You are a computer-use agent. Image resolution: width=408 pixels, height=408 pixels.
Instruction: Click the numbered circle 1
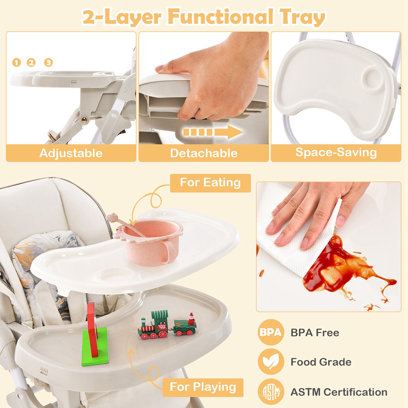tap(16, 62)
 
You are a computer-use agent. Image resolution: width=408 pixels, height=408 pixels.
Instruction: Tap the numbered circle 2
tap(31, 62)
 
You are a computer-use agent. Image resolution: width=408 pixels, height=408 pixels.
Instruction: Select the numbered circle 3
tap(48, 62)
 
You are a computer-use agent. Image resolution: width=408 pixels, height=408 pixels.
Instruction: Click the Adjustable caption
tap(71, 153)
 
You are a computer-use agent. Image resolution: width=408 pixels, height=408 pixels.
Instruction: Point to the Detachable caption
tap(204, 153)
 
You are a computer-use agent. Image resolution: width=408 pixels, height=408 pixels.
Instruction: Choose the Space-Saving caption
tap(336, 152)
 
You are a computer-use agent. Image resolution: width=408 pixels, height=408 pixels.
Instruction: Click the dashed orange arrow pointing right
tap(213, 132)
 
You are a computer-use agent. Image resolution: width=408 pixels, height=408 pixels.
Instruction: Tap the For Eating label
tap(210, 183)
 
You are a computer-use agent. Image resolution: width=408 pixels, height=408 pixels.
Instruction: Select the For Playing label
tap(203, 387)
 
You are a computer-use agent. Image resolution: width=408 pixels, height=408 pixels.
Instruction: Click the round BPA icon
tap(271, 333)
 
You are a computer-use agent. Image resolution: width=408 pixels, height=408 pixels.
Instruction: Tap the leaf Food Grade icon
tap(271, 362)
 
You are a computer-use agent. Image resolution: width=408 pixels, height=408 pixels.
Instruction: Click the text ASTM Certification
tap(339, 392)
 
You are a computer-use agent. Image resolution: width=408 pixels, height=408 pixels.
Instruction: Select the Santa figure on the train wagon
tap(191, 318)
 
